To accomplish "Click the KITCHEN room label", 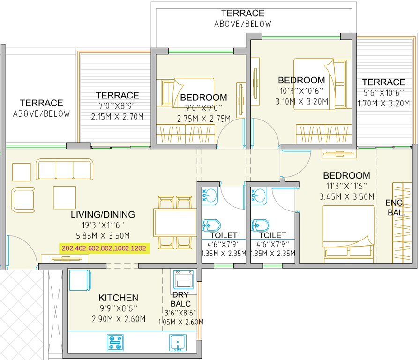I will coord(118,298).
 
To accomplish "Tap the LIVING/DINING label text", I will coord(103,215).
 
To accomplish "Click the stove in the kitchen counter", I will coord(115,343).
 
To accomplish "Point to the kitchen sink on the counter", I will coord(177,343).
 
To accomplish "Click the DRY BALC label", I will coord(180,299).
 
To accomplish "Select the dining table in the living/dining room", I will coord(175,222).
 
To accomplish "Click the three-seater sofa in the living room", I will coord(65,170).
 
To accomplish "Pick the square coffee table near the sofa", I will coord(64,197).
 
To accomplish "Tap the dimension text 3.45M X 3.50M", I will coord(346,196).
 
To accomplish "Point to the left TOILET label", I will coord(224,235).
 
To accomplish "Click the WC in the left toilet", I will coord(209,225).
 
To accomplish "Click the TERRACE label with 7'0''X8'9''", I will coord(117,95).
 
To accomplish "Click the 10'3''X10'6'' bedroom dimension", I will coord(301,91).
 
